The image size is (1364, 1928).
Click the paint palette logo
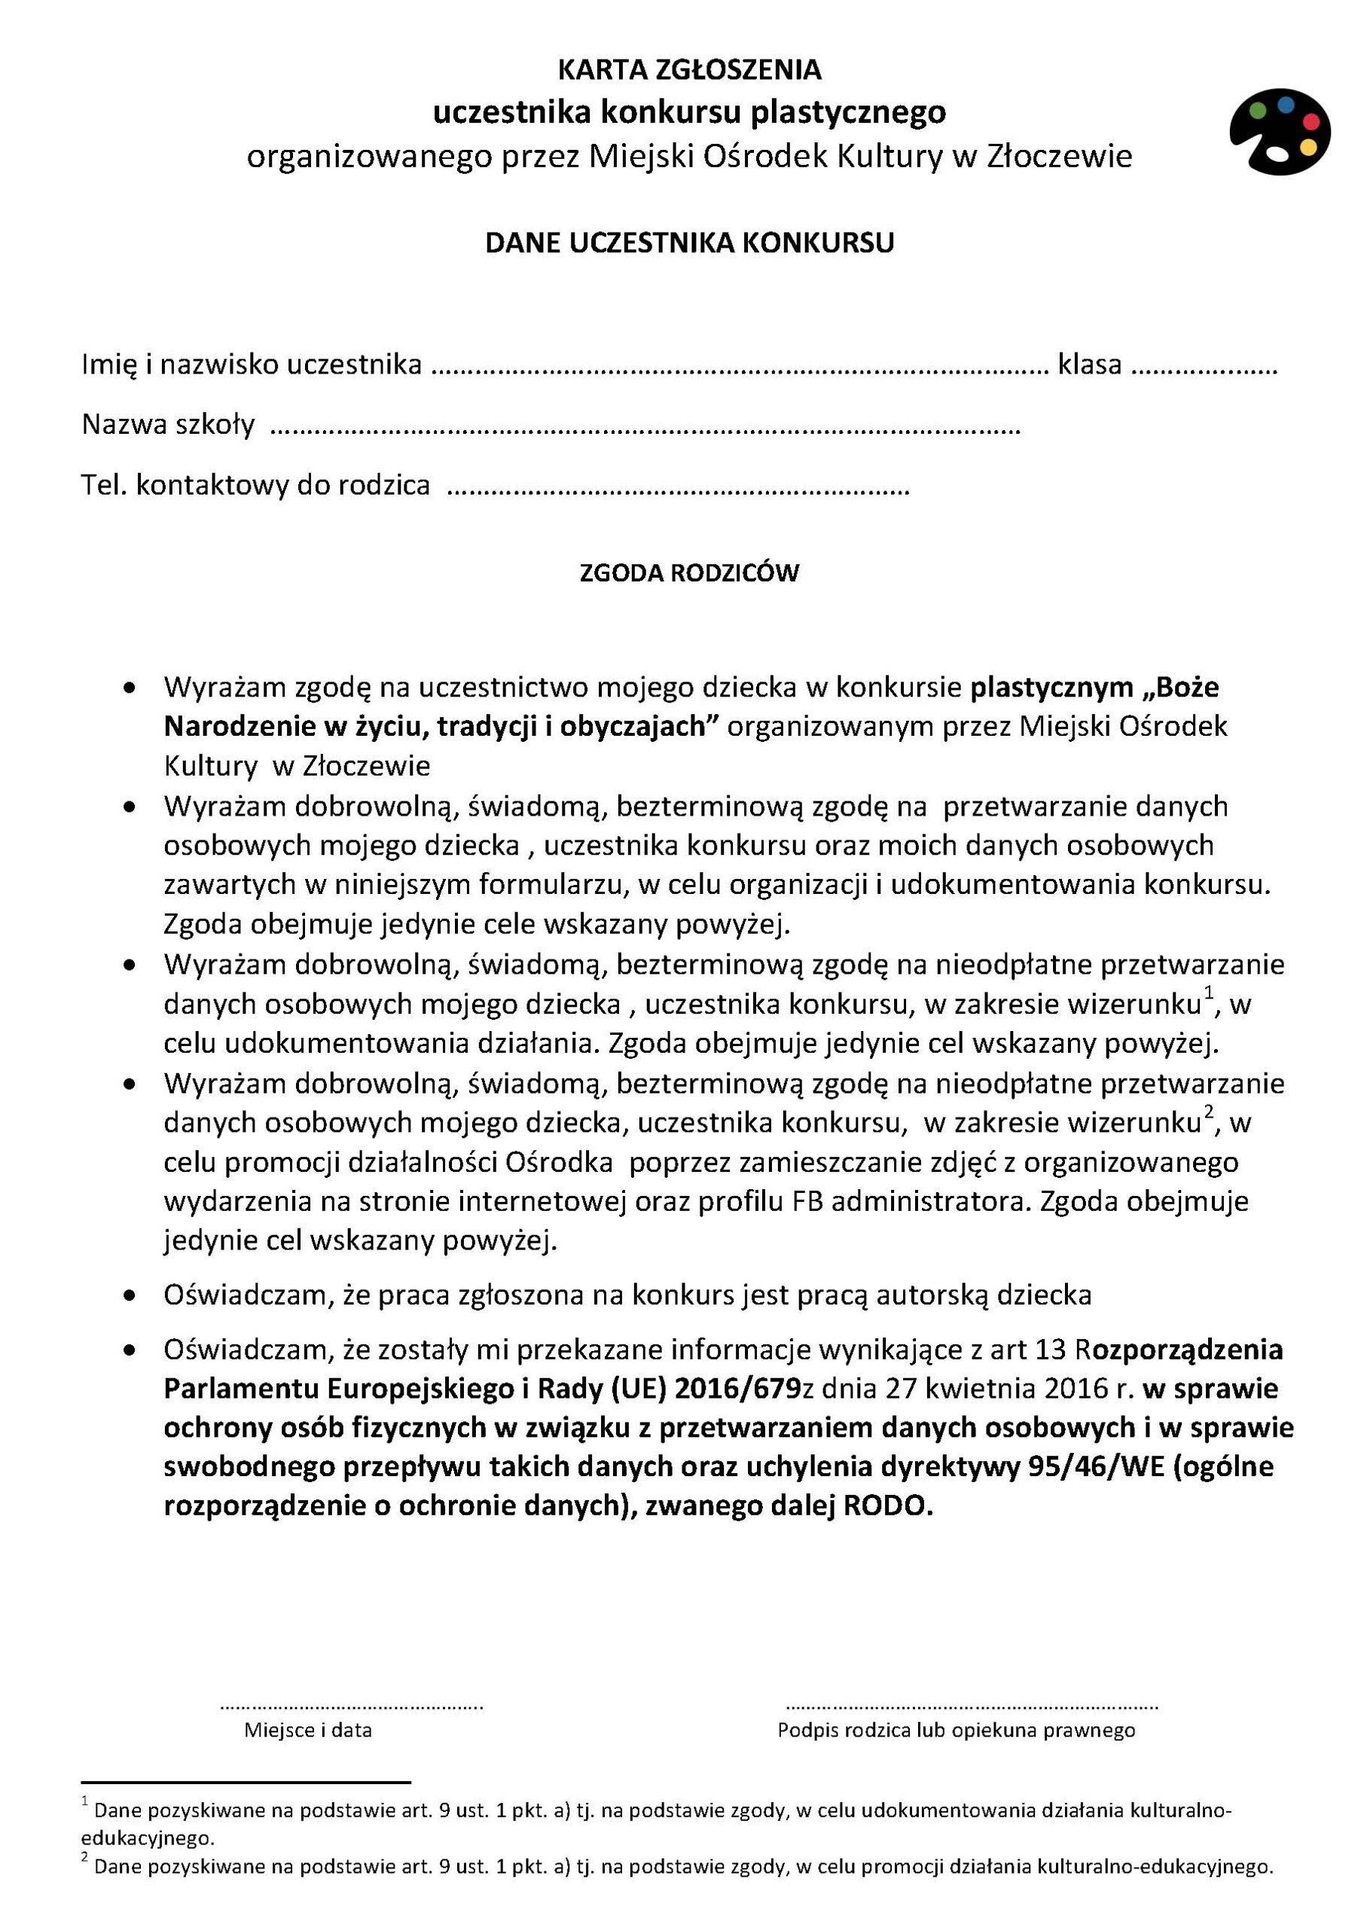[x=1280, y=132]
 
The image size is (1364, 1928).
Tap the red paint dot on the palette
[x=1311, y=122]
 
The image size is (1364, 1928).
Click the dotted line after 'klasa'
[x=1204, y=368]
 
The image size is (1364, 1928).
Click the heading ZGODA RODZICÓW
[x=688, y=572]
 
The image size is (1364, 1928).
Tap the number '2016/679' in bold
[x=737, y=1389]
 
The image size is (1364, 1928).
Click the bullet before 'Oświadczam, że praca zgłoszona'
[x=130, y=1297]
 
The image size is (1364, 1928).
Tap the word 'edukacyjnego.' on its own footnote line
[x=148, y=1838]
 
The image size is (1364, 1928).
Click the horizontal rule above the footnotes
[x=246, y=1782]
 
